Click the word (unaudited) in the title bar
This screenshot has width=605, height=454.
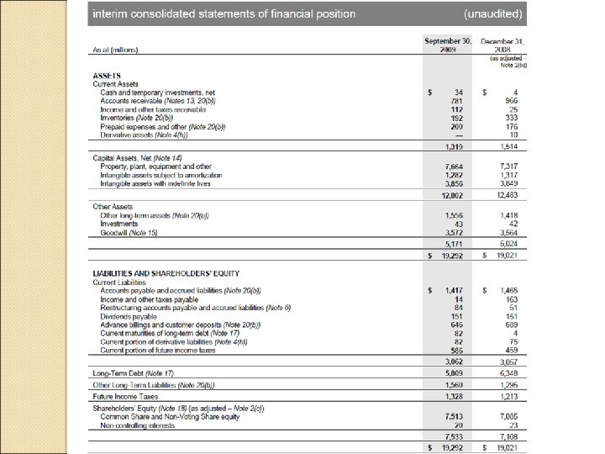point(493,14)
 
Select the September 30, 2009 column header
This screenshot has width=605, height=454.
point(448,45)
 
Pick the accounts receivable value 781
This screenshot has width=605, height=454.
point(457,100)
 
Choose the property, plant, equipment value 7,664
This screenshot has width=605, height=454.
point(455,166)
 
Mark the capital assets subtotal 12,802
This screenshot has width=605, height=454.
point(453,195)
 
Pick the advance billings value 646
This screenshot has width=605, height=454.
point(457,324)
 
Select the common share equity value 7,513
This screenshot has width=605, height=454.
point(455,414)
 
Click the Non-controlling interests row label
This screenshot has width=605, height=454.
point(138,425)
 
